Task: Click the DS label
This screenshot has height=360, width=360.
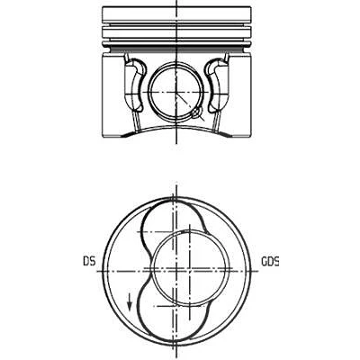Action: coord(89,261)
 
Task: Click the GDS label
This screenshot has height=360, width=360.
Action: coord(270,261)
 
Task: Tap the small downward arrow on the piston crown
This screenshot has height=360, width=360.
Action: coord(130,301)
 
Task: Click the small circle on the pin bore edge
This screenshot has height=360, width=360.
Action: coord(196,112)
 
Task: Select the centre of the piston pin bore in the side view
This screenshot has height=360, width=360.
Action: coord(176,92)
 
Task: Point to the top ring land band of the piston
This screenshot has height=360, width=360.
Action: coord(176,13)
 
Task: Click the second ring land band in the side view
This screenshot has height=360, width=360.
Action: coord(176,32)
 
